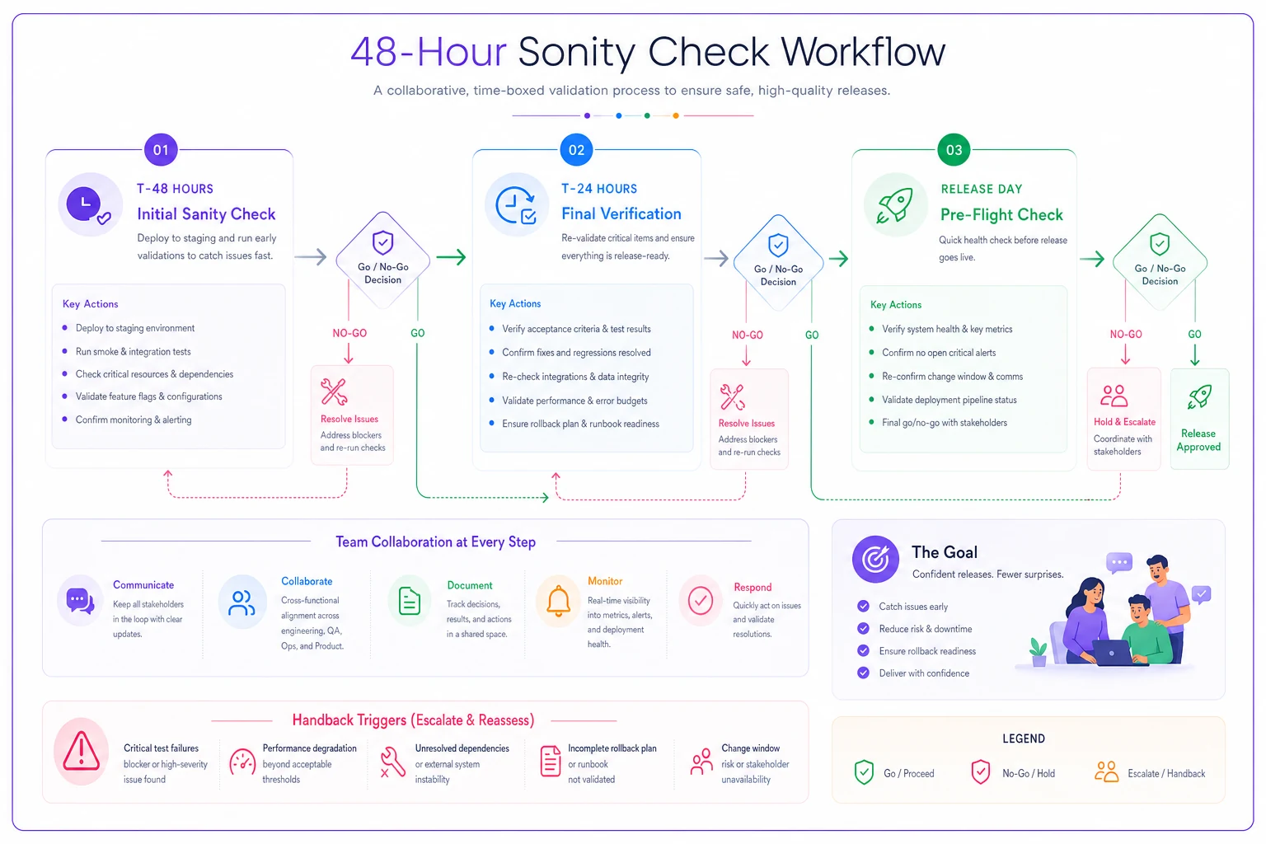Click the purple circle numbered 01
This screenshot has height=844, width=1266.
[x=161, y=150]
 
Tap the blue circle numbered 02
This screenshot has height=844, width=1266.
[x=576, y=150]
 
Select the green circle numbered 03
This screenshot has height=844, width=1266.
[x=954, y=150]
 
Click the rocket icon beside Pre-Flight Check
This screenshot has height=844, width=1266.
[x=894, y=205]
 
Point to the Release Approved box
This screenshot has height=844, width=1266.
[x=1199, y=419]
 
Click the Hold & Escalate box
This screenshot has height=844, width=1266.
[x=1123, y=419]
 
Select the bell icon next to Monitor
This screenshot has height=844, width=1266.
[x=558, y=601]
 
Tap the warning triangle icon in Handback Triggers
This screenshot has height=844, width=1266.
[x=82, y=752]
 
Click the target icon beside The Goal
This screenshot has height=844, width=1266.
[x=875, y=559]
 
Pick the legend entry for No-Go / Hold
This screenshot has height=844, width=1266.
[x=1013, y=773]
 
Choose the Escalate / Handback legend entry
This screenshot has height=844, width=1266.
[x=1150, y=773]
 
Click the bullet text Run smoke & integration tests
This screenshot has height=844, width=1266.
[x=134, y=352]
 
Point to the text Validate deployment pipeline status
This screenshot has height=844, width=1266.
[x=949, y=400]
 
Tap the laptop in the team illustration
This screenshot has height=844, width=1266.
[x=1112, y=654]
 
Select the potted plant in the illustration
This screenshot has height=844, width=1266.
[x=1039, y=653]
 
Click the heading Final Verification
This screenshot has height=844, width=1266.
[x=621, y=213]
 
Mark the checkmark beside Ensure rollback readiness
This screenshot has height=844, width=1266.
[x=863, y=650]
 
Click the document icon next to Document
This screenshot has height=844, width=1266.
[x=409, y=601]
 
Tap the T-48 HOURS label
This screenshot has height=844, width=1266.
[x=176, y=189]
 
